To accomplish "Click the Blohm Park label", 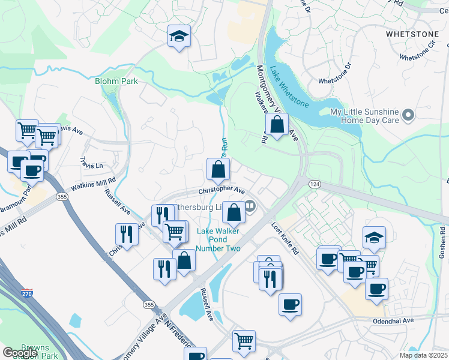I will [116, 81].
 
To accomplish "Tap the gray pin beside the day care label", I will [409, 114].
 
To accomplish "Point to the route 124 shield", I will [314, 182].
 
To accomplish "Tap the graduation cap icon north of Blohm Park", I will [179, 37].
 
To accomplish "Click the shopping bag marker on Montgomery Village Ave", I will [277, 125].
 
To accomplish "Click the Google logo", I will [20, 352].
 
